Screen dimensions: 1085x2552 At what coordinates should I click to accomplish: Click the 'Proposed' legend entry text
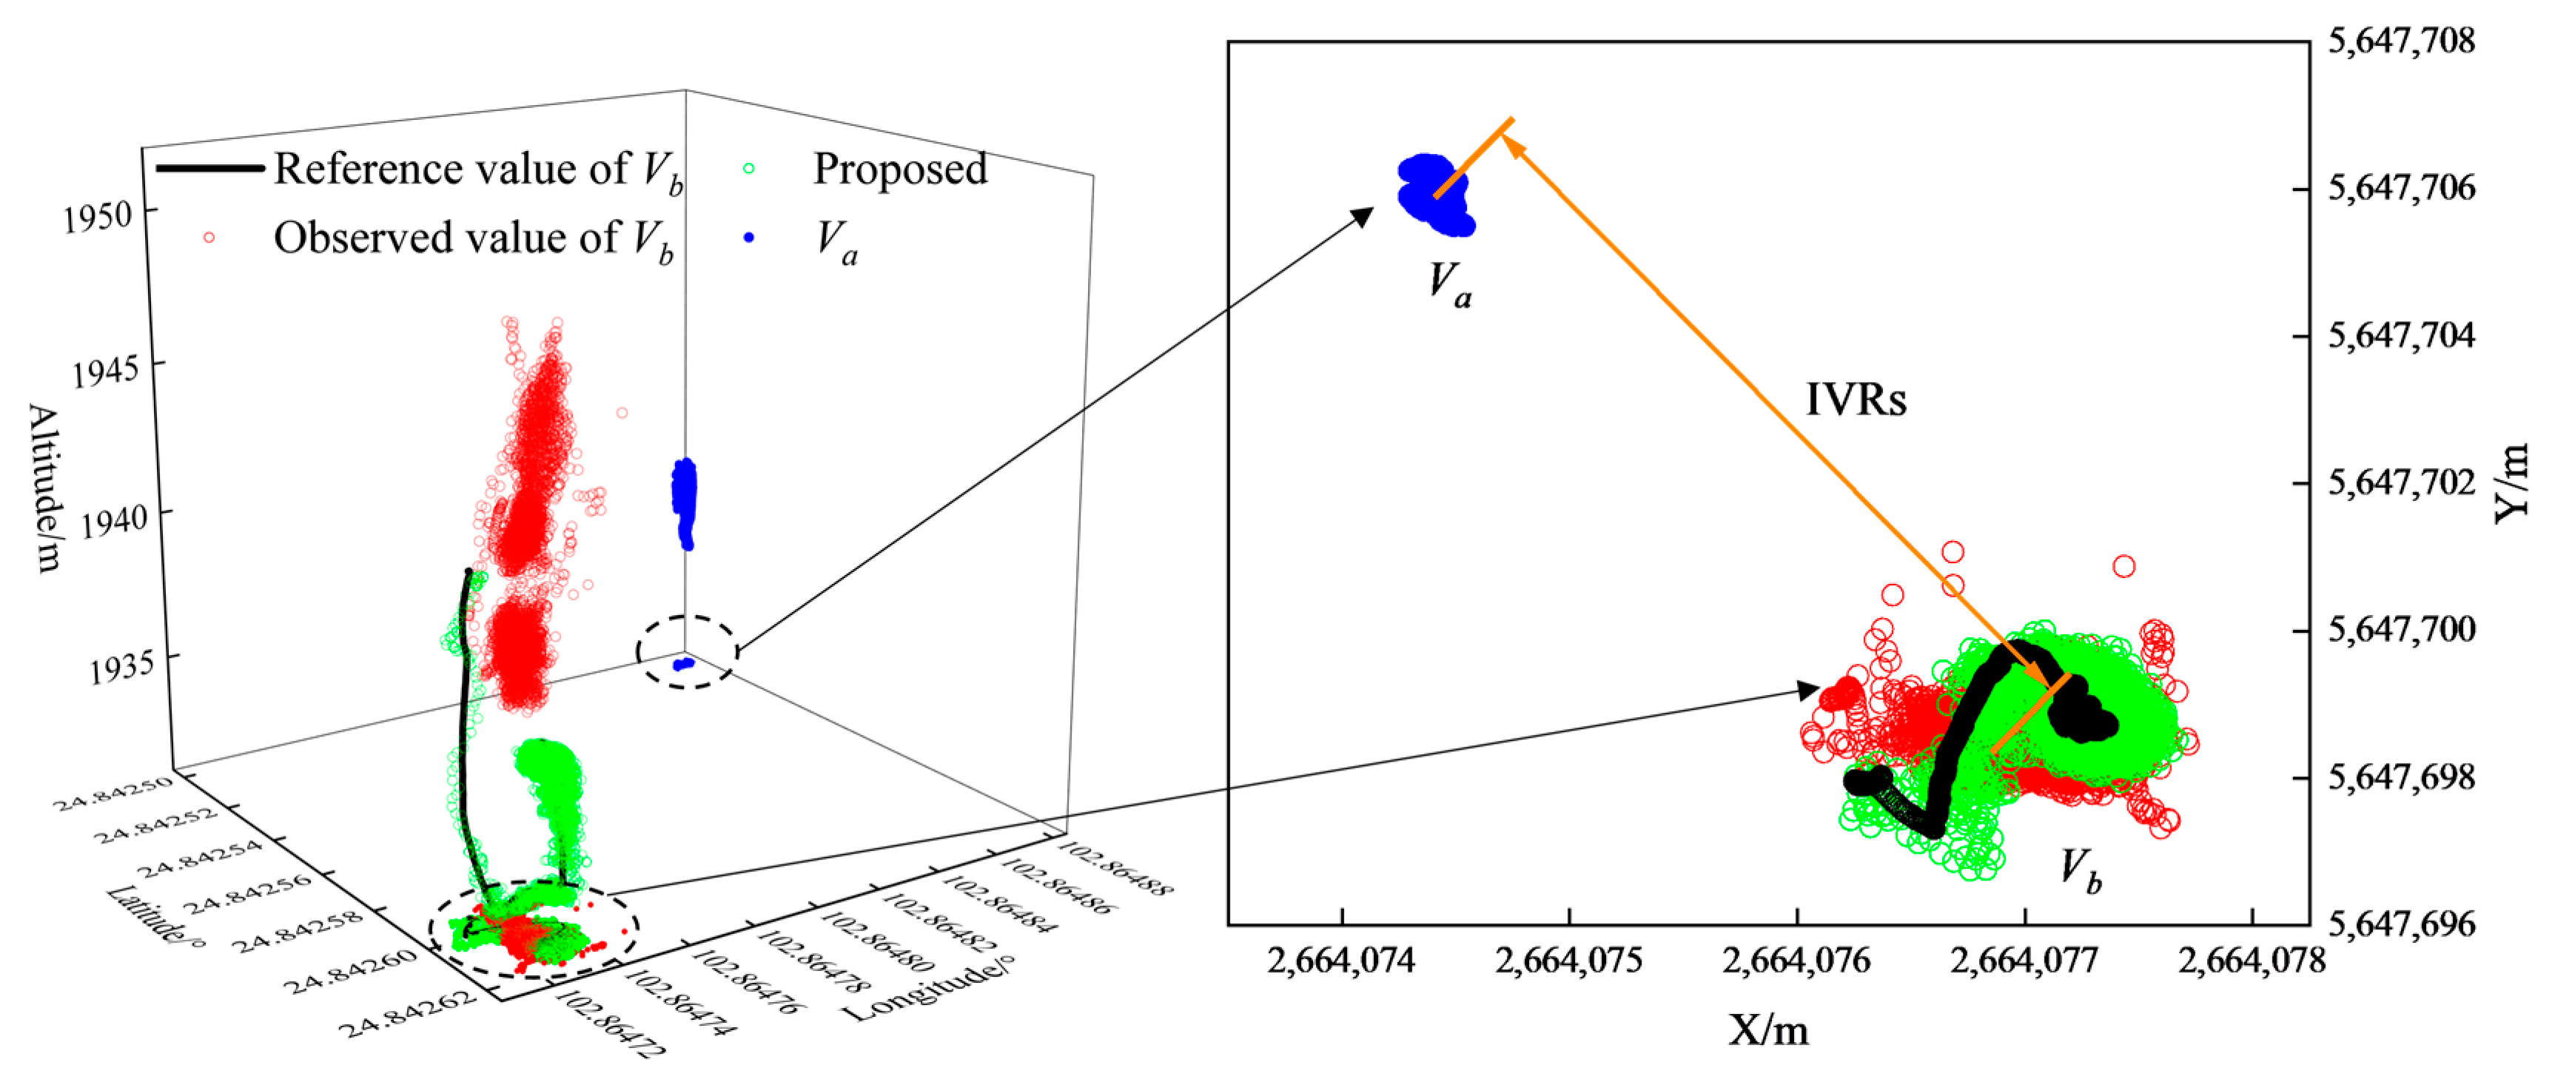pyautogui.click(x=899, y=169)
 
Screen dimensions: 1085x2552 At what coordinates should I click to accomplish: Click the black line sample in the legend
pyautogui.click(x=210, y=169)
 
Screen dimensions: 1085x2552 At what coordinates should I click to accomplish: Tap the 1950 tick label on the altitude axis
pyautogui.click(x=97, y=216)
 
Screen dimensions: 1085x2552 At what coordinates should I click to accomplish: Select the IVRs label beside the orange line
pyautogui.click(x=1855, y=400)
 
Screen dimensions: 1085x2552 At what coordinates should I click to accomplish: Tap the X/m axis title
pyautogui.click(x=1768, y=1030)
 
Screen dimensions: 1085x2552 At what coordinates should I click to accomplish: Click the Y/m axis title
pyautogui.click(x=2512, y=482)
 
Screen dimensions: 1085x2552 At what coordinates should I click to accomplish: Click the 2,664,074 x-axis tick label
pyautogui.click(x=1341, y=960)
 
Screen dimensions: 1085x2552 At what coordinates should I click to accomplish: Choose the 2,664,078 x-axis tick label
pyautogui.click(x=2252, y=960)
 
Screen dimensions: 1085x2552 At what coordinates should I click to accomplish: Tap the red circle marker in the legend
pyautogui.click(x=209, y=238)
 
